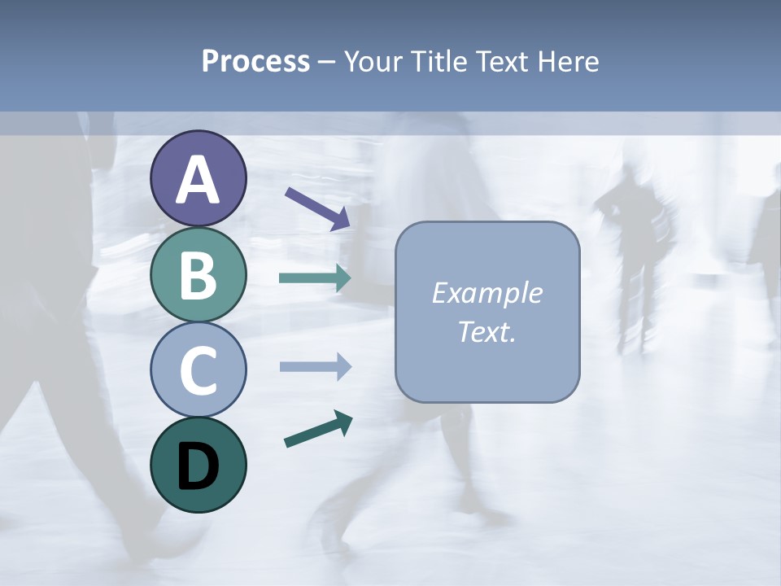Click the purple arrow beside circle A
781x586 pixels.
[x=316, y=208]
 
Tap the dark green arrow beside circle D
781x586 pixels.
[x=317, y=430]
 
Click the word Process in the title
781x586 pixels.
[x=255, y=62]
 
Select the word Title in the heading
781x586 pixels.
[x=436, y=62]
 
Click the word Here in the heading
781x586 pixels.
[x=568, y=62]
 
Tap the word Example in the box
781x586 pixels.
[x=486, y=293]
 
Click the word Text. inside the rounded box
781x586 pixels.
[x=486, y=332]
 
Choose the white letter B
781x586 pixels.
[x=198, y=275]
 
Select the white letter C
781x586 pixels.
[x=198, y=370]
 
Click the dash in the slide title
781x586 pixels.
[x=326, y=63]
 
